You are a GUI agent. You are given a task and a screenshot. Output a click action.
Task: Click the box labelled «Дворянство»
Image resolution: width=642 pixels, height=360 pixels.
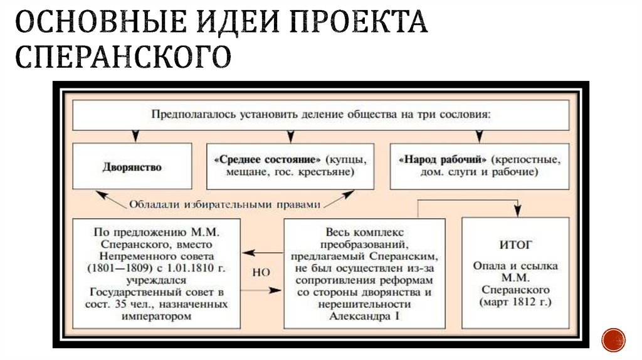tap(132, 167)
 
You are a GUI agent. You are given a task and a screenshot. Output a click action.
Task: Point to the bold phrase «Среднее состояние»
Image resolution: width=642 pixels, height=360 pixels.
tap(269, 159)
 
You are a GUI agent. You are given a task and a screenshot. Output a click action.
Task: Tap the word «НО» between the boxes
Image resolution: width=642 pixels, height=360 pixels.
tap(261, 273)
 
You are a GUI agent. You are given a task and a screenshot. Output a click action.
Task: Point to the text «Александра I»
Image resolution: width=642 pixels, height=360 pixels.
tap(364, 316)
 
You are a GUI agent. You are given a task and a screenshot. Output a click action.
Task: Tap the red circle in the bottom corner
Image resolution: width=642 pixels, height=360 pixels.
tap(613, 339)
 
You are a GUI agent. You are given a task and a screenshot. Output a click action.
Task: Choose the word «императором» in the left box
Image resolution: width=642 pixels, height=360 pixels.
tap(155, 316)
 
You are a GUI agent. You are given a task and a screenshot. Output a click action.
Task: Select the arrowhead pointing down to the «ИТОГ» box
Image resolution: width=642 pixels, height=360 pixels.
tap(518, 211)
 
